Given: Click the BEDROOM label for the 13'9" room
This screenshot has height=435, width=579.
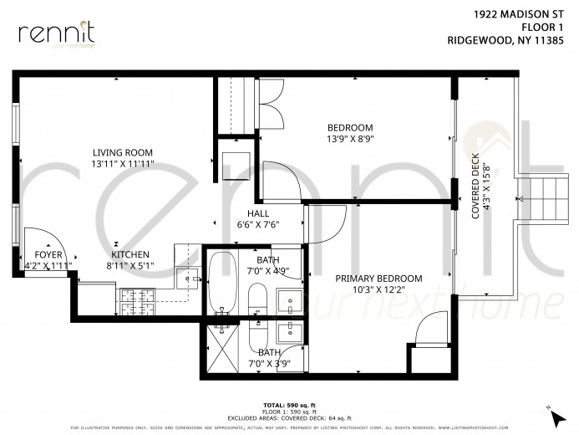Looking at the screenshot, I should [x=349, y=127].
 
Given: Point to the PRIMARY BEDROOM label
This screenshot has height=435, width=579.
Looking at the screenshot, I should [x=378, y=279].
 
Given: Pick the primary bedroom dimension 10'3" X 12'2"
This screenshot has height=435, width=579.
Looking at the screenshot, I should [x=378, y=290].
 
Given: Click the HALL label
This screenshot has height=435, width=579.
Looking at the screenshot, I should [x=257, y=213].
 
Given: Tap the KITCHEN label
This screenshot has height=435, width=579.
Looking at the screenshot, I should [x=130, y=254].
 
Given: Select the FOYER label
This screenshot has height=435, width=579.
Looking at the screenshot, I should [x=48, y=254].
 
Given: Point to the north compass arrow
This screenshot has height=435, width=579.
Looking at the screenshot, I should [x=548, y=407].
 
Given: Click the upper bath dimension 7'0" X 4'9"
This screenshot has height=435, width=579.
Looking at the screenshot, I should [x=269, y=271].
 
